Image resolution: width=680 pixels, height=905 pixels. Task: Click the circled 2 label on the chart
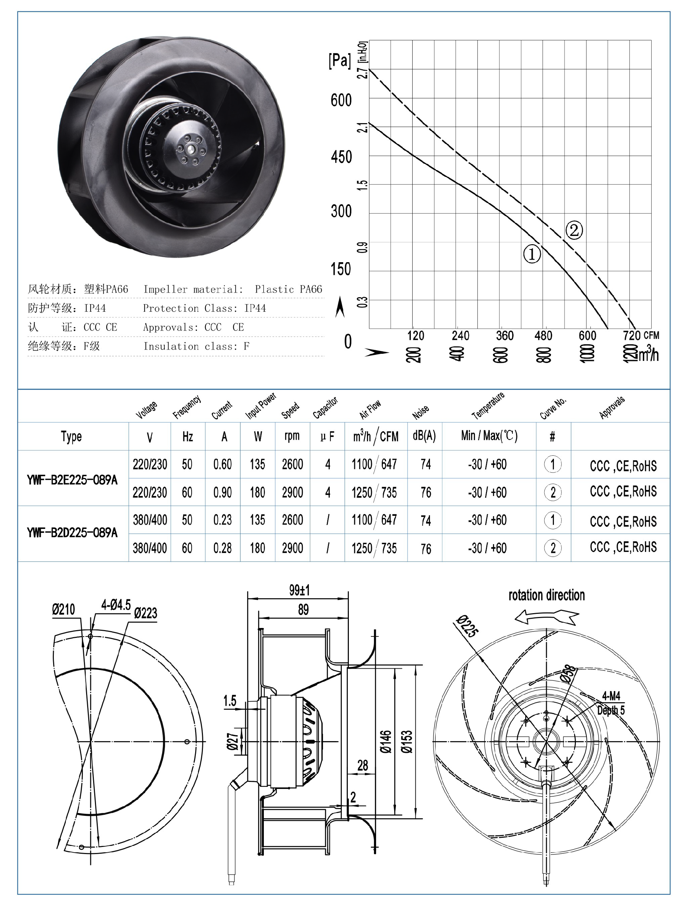(574, 230)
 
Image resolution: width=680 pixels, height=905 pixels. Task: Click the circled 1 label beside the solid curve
(532, 254)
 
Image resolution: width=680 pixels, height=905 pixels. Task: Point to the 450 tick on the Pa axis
(341, 157)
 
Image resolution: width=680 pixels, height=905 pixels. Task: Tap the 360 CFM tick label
(504, 336)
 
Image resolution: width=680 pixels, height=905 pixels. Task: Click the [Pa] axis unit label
(340, 60)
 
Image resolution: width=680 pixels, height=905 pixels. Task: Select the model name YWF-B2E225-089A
(72, 480)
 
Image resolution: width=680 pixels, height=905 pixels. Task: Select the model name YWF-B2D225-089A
(72, 533)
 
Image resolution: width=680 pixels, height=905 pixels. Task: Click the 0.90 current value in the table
(222, 492)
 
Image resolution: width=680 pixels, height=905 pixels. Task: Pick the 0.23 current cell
(222, 520)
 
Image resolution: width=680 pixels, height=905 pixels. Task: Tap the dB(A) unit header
(424, 436)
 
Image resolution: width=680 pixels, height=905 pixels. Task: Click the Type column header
(71, 437)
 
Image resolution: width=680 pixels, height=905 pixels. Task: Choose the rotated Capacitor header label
(325, 408)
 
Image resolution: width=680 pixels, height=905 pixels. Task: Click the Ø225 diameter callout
(467, 626)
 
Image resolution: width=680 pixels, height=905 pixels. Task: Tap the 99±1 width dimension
(299, 590)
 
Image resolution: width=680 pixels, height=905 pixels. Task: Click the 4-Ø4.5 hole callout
(116, 605)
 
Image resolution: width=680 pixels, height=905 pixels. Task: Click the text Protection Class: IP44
(204, 308)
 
